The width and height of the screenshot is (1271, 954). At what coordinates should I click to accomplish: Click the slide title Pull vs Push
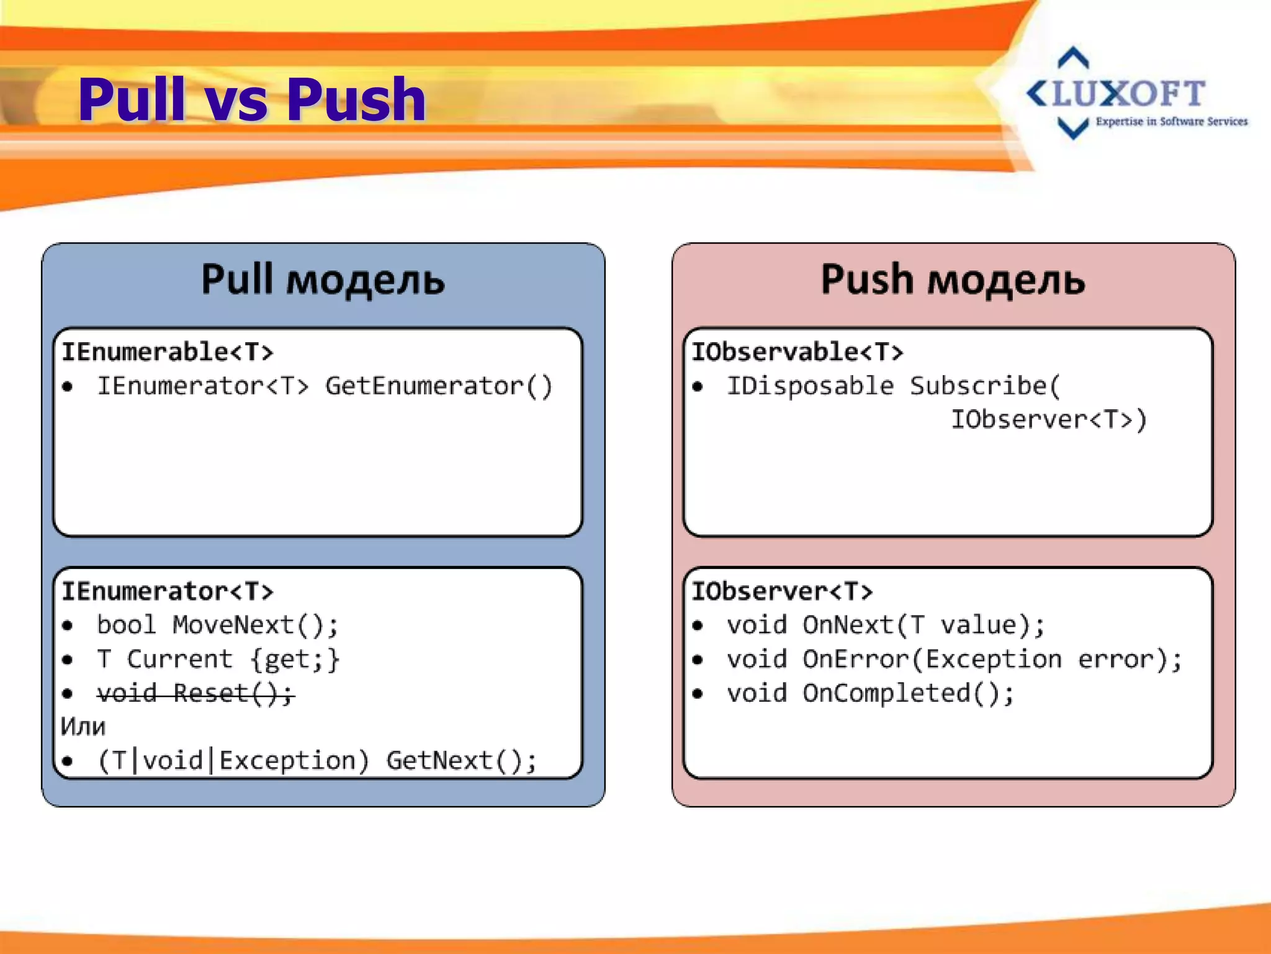tap(251, 99)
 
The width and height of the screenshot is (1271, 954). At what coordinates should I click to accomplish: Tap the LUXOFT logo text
tap(1117, 94)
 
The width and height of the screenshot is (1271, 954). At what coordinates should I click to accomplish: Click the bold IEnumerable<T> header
tap(167, 352)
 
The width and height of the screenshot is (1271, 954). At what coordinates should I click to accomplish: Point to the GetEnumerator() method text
tap(438, 386)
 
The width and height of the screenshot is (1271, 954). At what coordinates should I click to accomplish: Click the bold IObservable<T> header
tap(797, 352)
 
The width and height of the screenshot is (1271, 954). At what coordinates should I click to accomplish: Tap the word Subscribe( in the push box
tap(986, 386)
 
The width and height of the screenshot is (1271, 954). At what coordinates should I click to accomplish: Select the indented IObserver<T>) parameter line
tap(1049, 420)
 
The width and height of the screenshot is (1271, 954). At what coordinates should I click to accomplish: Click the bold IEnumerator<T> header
tap(167, 591)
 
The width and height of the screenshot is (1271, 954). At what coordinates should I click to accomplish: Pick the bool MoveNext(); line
tap(217, 625)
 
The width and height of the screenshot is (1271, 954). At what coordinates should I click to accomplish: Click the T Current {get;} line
tap(217, 659)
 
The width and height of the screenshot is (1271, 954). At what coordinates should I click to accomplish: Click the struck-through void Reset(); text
tap(195, 693)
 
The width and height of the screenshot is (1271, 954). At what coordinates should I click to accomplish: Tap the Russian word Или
tap(83, 727)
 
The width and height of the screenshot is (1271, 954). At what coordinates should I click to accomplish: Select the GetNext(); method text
tap(461, 761)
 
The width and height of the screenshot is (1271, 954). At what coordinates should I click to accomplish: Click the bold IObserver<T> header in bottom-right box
tap(782, 591)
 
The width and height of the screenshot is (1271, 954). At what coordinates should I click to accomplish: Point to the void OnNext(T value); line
tap(886, 625)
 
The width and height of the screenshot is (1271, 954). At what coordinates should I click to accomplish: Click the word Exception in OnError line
tap(994, 659)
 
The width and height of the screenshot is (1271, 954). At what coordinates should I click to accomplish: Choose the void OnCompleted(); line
tap(870, 693)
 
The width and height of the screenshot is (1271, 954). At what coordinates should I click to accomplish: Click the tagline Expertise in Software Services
tap(1171, 122)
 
